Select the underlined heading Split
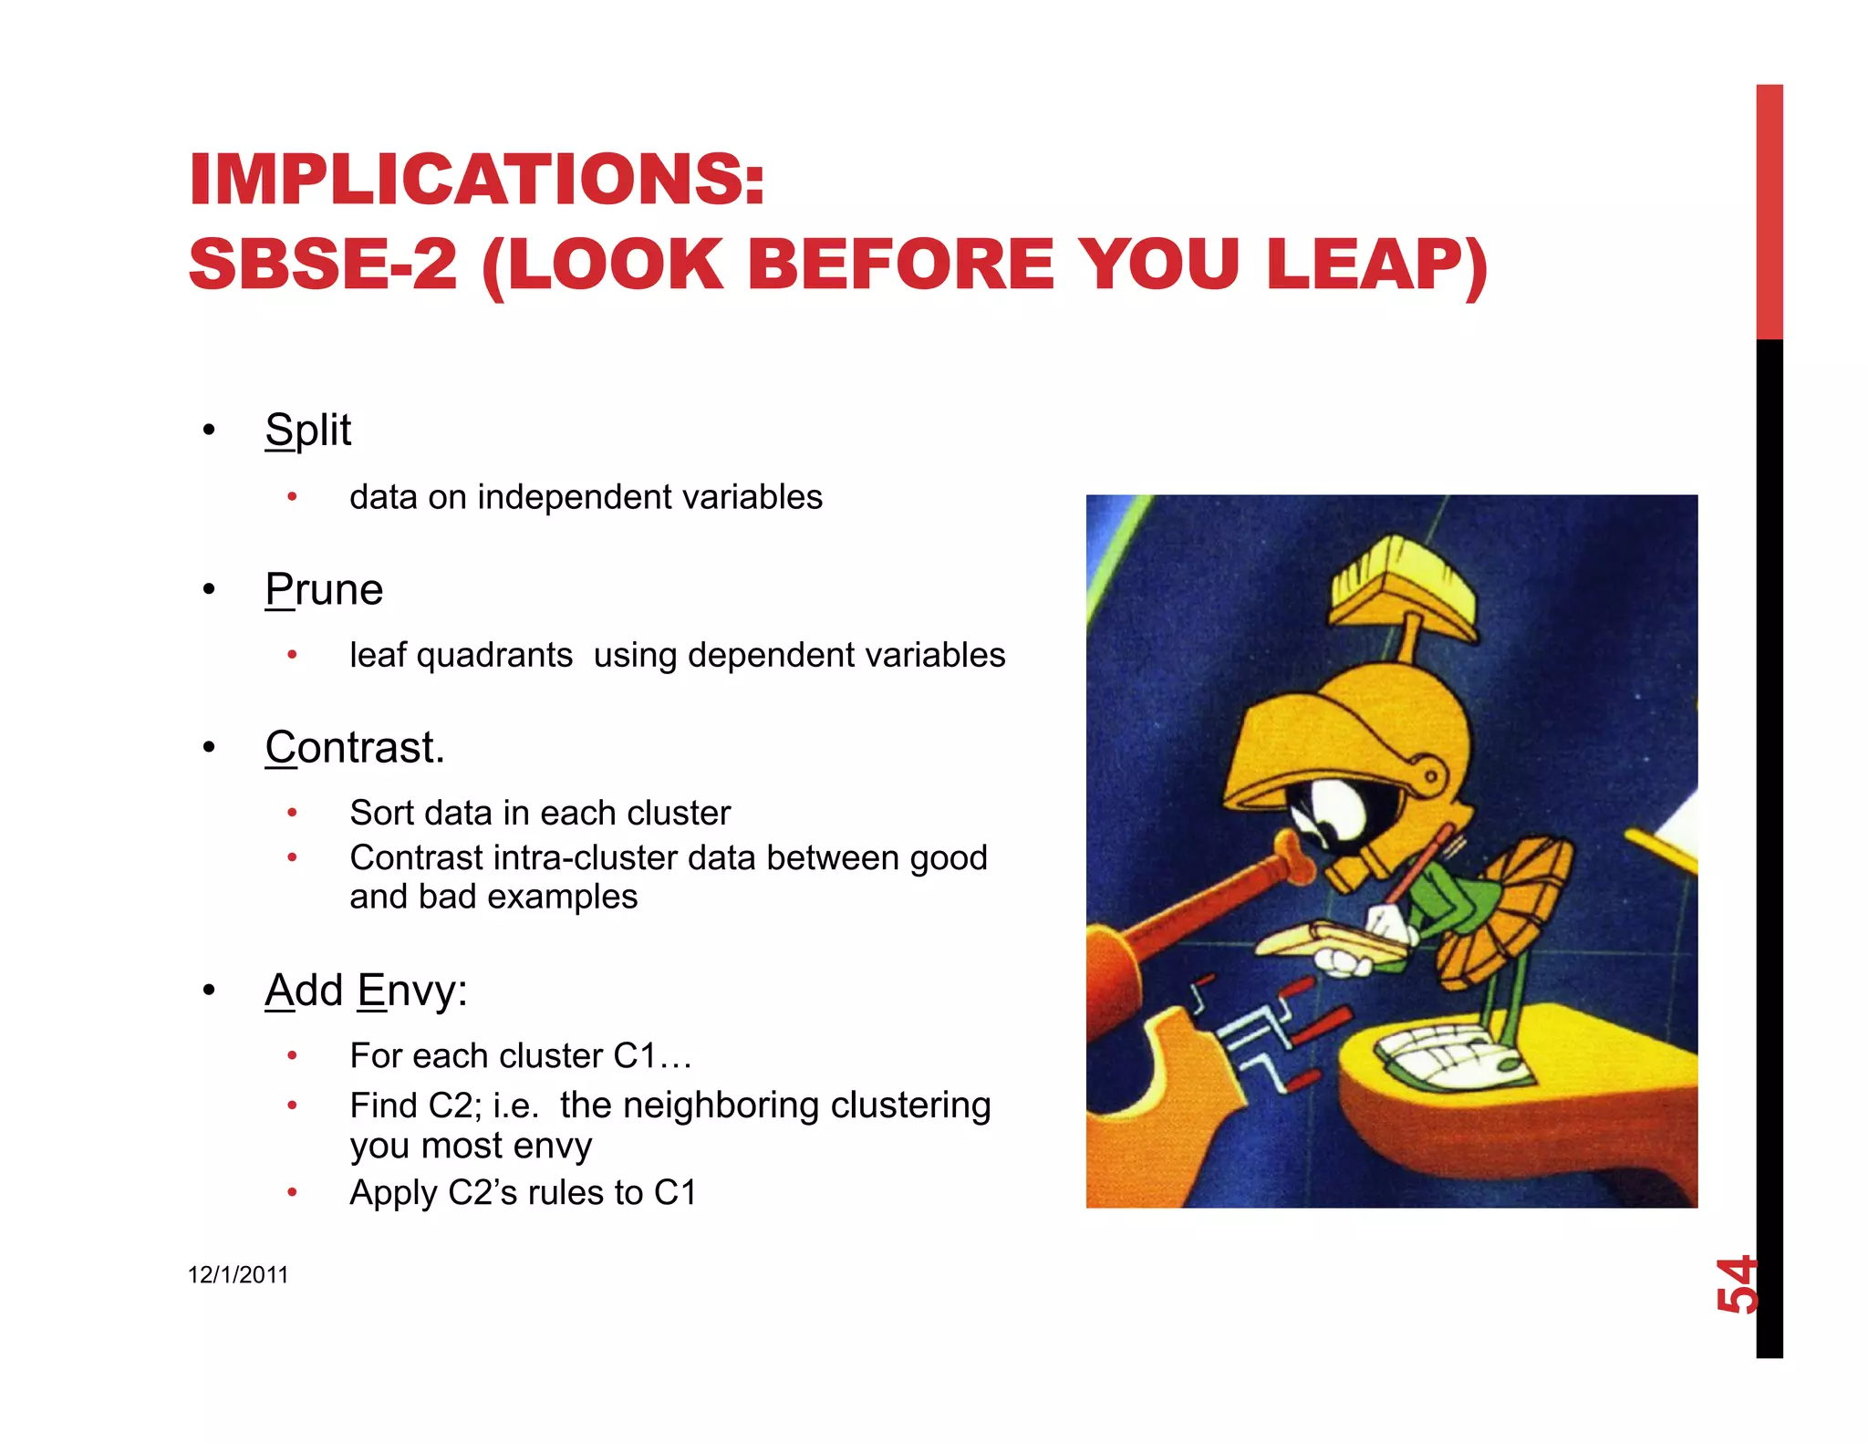[x=307, y=430]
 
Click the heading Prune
[x=324, y=589]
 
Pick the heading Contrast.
[x=354, y=748]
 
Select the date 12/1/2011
[x=238, y=1274]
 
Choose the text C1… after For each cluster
[x=652, y=1056]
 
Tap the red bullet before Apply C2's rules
[x=292, y=1192]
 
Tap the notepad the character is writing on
[x=1332, y=940]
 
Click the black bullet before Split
[x=209, y=430]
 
